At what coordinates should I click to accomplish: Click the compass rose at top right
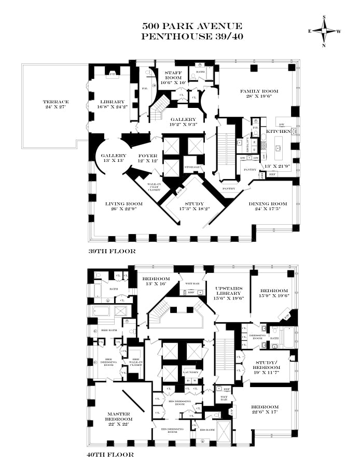pos(325,31)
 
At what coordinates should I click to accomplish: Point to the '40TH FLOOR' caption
pos(111,455)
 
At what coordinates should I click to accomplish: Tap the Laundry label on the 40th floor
pos(190,372)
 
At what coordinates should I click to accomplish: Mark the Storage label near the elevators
pos(192,167)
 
